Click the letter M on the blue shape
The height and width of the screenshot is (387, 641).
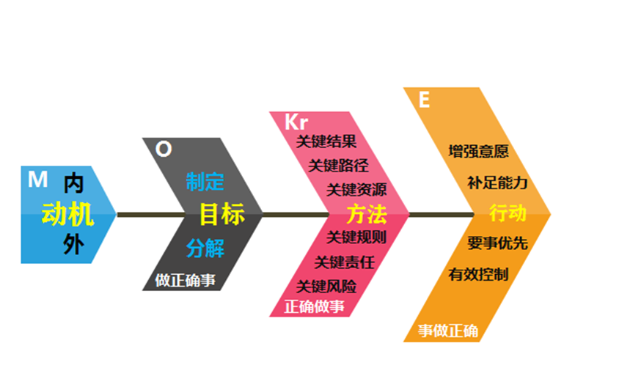coord(37,180)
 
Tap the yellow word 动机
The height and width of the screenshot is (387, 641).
coord(67,214)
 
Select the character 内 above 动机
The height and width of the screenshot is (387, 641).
coord(73,183)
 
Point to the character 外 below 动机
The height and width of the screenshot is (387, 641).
coord(73,245)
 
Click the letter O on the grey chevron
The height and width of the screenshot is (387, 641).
coord(164,149)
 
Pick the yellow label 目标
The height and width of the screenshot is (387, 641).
coord(221,215)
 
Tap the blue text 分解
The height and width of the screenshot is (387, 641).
coord(205,248)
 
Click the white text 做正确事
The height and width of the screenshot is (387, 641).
coord(186,281)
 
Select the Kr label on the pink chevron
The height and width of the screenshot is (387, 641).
coord(296,122)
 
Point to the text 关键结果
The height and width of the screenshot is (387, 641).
coord(326,141)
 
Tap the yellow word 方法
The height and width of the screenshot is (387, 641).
coord(366,215)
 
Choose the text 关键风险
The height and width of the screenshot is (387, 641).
coord(326,286)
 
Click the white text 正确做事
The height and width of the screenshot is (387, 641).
coord(314,306)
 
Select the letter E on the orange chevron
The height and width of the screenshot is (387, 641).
coord(424,100)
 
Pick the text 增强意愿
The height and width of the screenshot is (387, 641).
coord(478,152)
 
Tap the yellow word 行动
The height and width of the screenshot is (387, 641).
coord(508,213)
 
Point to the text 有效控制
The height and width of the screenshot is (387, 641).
coord(478,275)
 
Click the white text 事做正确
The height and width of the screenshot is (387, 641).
coord(447,331)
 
